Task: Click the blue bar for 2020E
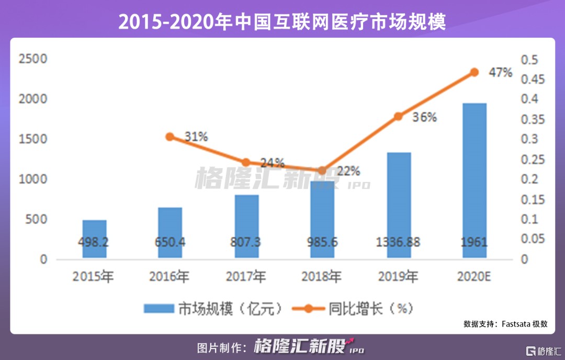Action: tap(474, 180)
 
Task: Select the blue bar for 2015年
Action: tap(94, 239)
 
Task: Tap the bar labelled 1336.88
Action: tap(399, 205)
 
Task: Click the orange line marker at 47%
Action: tap(474, 72)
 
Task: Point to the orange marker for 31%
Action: tap(169, 137)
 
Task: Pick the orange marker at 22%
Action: tap(322, 171)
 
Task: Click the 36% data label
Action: tap(424, 117)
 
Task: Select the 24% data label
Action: tap(273, 162)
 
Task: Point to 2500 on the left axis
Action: tap(33, 59)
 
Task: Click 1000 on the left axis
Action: tap(33, 179)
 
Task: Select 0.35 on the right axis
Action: tap(532, 120)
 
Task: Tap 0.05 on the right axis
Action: tap(532, 240)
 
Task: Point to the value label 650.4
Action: tap(170, 242)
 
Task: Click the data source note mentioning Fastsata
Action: tap(505, 324)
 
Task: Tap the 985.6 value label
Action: tap(322, 242)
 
